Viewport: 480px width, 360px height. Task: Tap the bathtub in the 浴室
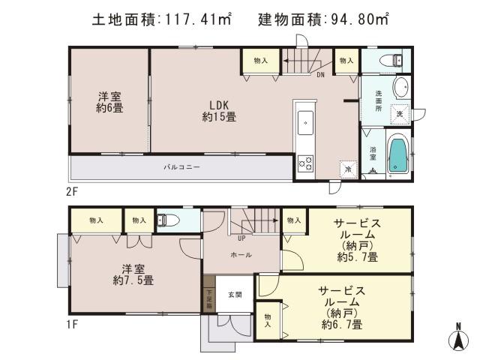pyautogui.click(x=397, y=156)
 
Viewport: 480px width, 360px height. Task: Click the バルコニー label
pyautogui.click(x=182, y=166)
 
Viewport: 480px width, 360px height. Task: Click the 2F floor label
pyautogui.click(x=72, y=190)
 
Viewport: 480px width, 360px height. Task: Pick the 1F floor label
pyautogui.click(x=72, y=324)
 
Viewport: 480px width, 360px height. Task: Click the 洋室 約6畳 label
pyautogui.click(x=109, y=102)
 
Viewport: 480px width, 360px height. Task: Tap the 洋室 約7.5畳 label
pyautogui.click(x=133, y=274)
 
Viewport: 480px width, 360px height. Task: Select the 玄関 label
pyautogui.click(x=235, y=295)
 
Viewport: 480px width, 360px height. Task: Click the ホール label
pyautogui.click(x=241, y=255)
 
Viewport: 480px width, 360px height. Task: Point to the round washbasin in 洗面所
pyautogui.click(x=400, y=86)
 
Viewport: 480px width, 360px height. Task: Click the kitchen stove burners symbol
pyautogui.click(x=305, y=162)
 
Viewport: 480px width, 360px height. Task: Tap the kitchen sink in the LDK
pyautogui.click(x=306, y=121)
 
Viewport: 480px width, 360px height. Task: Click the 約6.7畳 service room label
pyautogui.click(x=341, y=307)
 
